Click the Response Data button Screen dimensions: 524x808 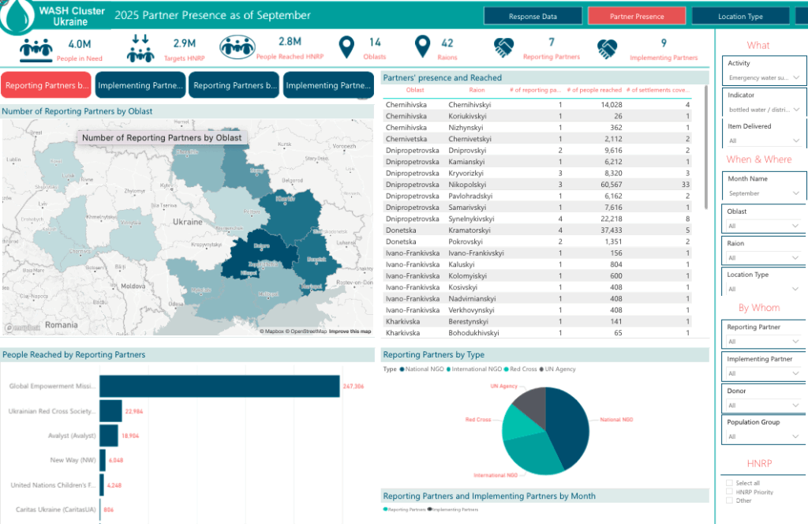pos(533,16)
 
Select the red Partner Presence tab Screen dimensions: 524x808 pos(637,16)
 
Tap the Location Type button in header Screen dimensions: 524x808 pos(740,16)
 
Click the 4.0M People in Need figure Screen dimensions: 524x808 pos(79,44)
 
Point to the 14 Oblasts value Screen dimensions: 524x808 pos(375,43)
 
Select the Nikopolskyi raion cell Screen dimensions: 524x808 pos(469,184)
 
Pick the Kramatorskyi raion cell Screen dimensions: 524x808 pos(471,230)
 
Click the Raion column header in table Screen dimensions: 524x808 pos(477,90)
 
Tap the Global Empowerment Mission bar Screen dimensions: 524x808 pos(219,386)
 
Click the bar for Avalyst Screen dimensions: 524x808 pos(108,435)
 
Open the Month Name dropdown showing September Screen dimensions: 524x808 pos(764,193)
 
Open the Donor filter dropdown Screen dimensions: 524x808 pos(764,405)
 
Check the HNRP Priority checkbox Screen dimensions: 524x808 pos(729,492)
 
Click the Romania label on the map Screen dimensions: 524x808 pos(62,324)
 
